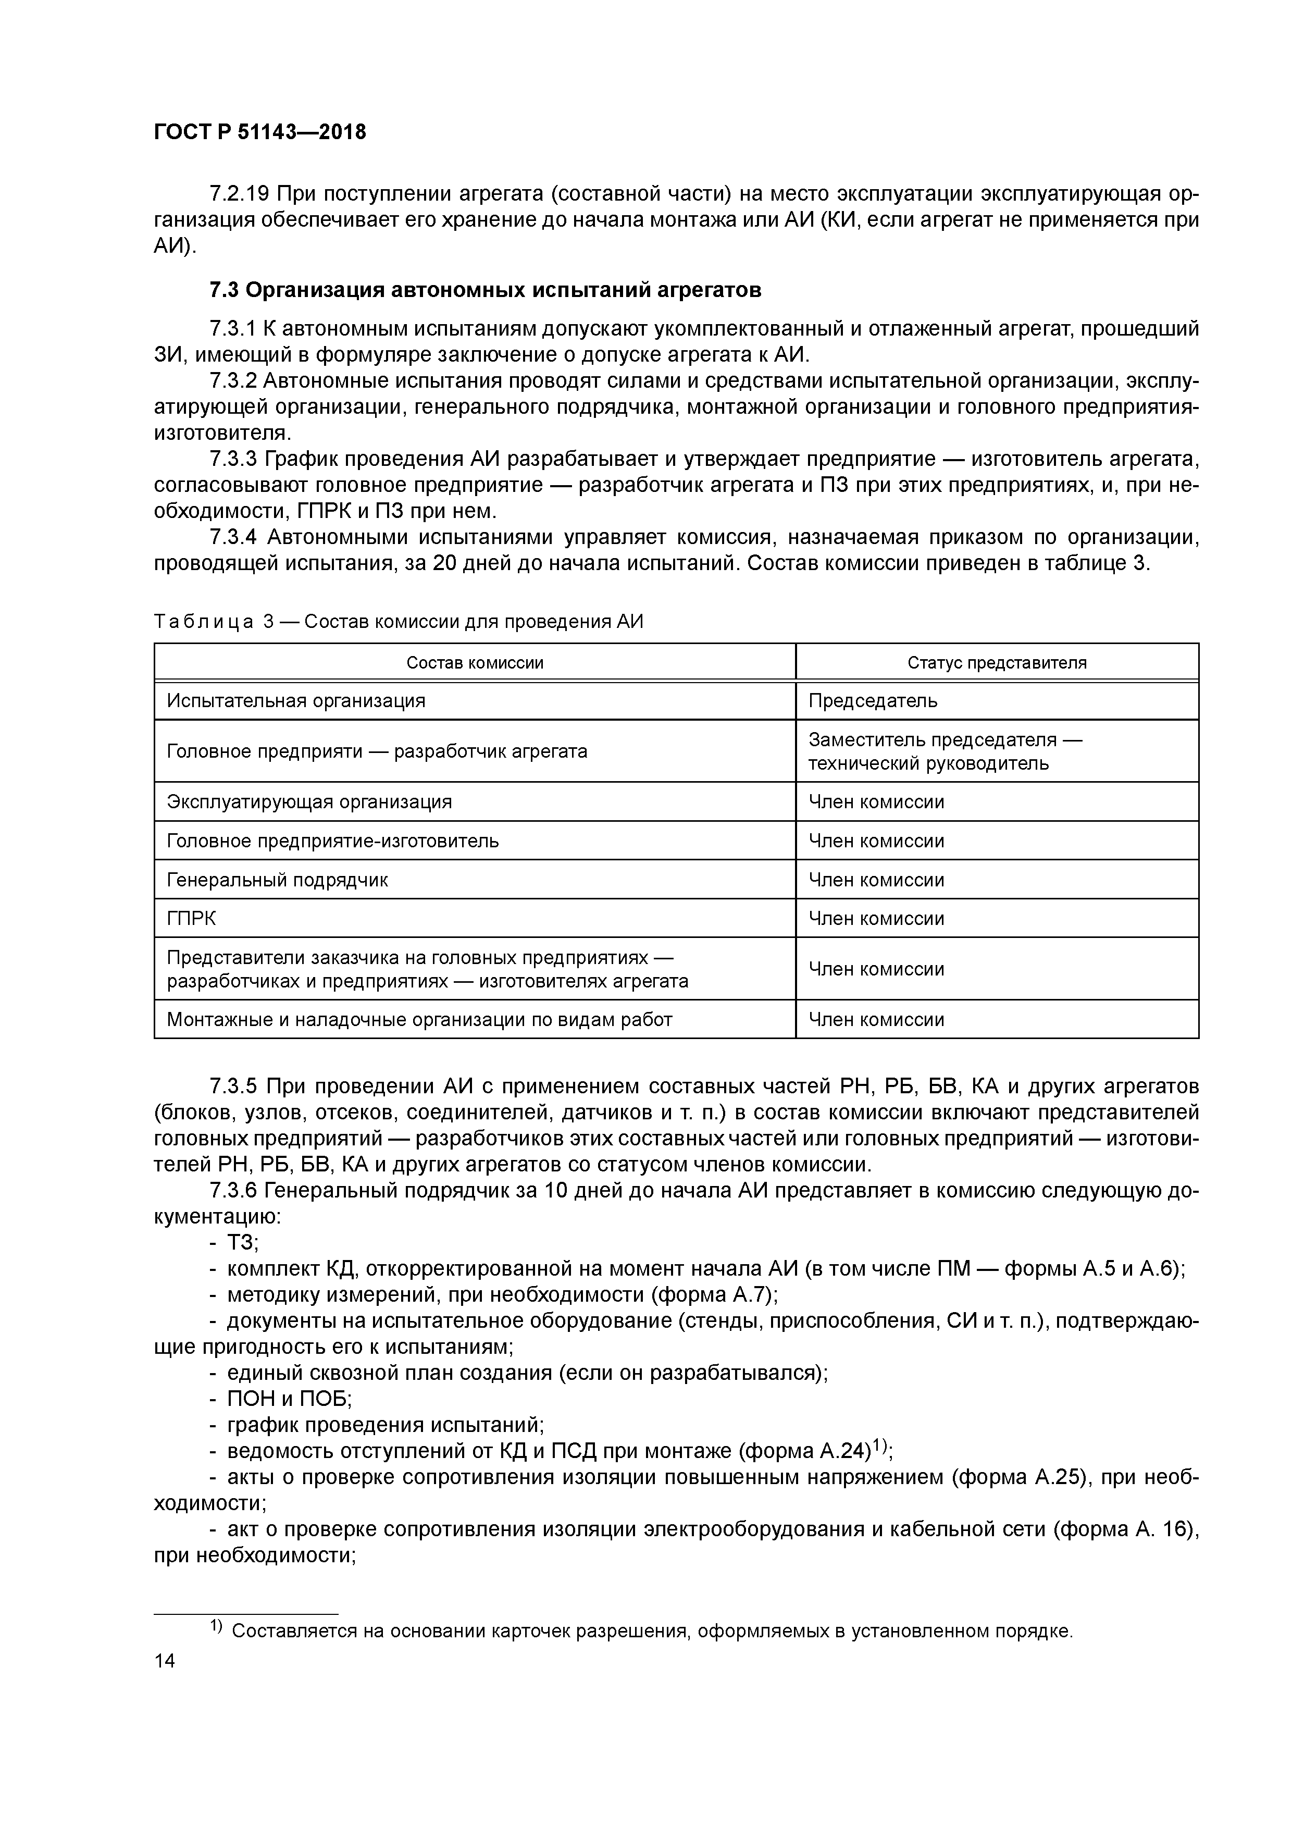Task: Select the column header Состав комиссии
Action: coord(475,662)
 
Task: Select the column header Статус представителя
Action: coord(997,662)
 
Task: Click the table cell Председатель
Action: coord(873,701)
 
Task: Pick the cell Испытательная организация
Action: coord(296,701)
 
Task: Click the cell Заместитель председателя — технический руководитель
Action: coord(945,751)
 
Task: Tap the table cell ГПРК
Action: coord(191,918)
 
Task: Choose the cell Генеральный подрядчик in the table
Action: coord(277,880)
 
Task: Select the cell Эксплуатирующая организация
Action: coord(309,802)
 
